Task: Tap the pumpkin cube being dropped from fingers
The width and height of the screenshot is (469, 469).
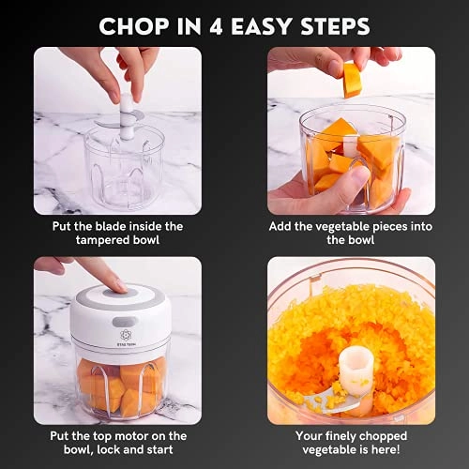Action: (x=352, y=79)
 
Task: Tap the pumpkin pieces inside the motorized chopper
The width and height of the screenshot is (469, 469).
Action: (x=117, y=385)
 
